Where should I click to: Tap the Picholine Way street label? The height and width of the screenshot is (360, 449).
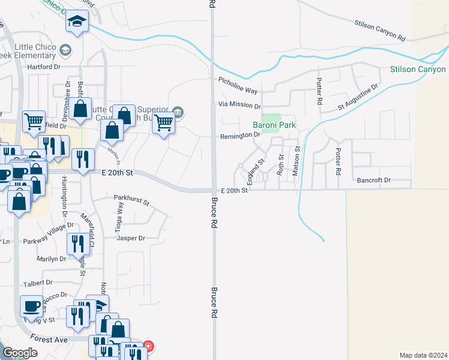click(x=238, y=86)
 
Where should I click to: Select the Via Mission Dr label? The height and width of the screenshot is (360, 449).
click(x=239, y=105)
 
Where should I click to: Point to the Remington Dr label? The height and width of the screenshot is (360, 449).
click(x=239, y=136)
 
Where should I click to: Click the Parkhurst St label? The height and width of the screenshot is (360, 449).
click(x=131, y=199)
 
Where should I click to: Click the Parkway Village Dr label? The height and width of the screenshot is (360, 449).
click(x=48, y=227)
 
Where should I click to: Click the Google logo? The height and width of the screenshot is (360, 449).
click(x=20, y=353)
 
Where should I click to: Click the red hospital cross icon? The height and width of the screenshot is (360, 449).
click(x=148, y=346)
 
